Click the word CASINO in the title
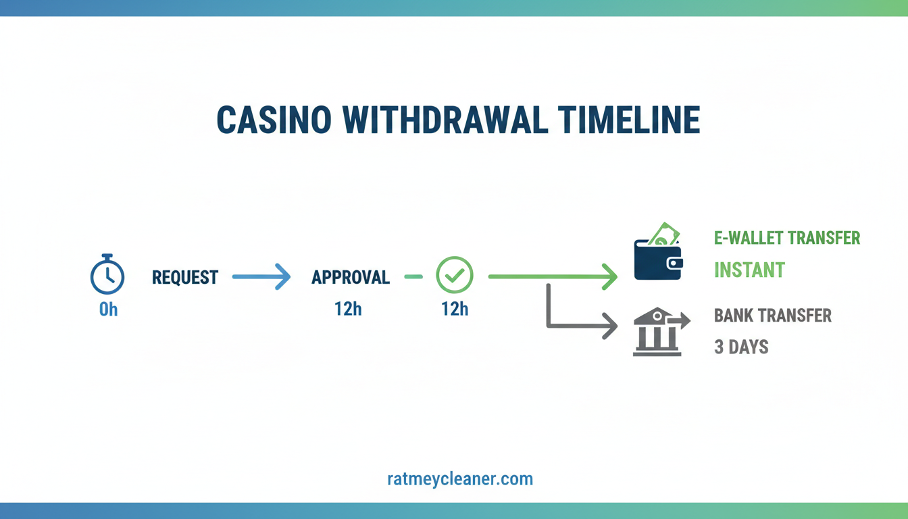[274, 120]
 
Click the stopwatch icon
[107, 275]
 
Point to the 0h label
[108, 310]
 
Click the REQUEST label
[185, 277]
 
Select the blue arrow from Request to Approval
[261, 276]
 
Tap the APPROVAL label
[351, 277]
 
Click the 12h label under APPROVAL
[348, 310]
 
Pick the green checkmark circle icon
[455, 275]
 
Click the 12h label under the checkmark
[455, 310]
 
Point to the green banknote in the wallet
[664, 233]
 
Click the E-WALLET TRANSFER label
[787, 238]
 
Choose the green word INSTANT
[749, 270]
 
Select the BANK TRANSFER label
[773, 315]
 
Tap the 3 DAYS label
[741, 347]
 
